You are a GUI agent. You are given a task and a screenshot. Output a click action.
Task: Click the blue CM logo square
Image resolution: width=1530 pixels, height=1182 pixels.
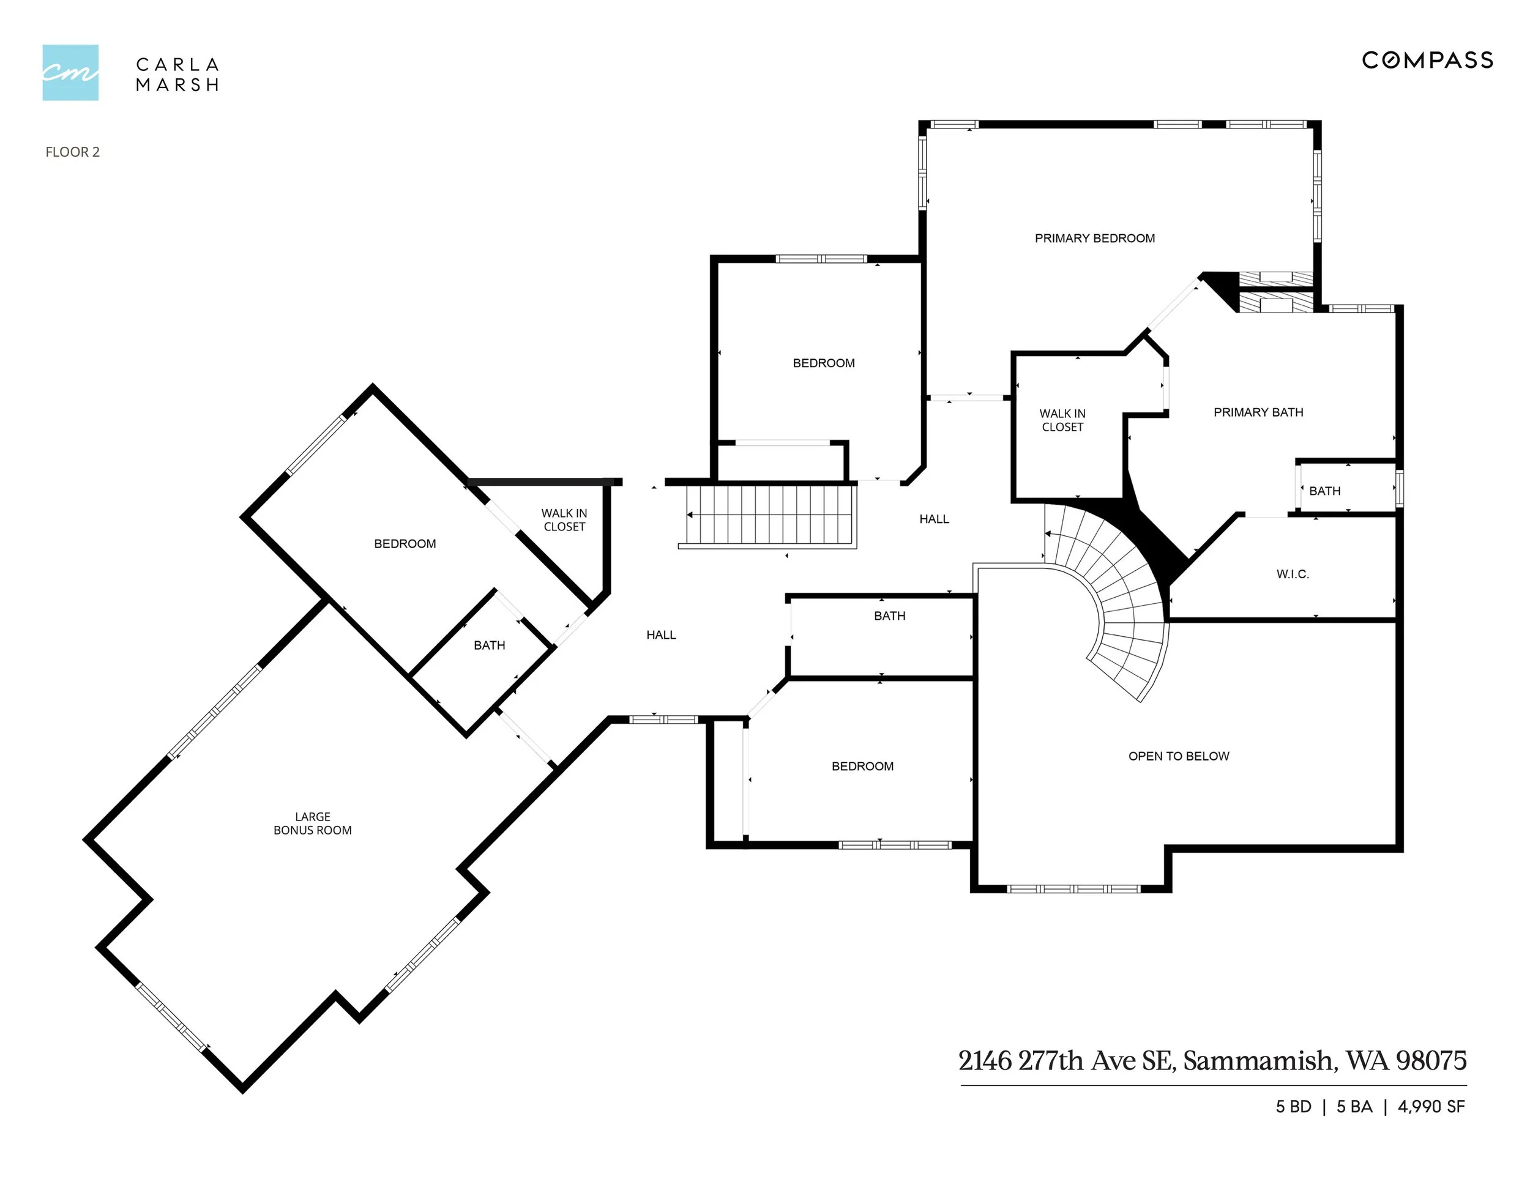70,73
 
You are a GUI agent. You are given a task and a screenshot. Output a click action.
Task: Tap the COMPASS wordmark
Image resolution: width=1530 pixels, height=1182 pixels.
1427,60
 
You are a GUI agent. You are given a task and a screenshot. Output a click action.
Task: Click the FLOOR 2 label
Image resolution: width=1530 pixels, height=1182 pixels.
72,152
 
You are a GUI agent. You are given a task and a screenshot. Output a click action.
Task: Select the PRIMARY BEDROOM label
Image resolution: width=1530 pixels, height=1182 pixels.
1094,238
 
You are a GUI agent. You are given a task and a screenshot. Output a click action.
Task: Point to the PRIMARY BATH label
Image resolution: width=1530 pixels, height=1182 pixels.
1258,412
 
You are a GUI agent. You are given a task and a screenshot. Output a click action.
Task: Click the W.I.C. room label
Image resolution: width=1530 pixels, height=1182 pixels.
1292,574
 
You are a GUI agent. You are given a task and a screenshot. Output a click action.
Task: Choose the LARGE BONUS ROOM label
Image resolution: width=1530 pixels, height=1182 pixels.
313,823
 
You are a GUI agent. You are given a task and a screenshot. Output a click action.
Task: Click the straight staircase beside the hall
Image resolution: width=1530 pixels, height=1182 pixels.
771,515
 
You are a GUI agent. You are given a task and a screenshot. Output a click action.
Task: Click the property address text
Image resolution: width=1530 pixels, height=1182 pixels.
1212,1061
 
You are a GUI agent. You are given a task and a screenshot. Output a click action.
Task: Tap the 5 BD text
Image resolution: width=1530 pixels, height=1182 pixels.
1293,1107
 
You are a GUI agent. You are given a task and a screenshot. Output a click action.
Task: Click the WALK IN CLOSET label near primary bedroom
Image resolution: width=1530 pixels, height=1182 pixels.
1062,420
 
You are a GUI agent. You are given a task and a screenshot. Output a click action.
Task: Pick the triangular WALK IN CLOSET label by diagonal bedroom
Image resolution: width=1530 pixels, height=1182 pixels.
564,520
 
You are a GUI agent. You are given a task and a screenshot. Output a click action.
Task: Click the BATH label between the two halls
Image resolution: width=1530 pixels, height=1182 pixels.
889,616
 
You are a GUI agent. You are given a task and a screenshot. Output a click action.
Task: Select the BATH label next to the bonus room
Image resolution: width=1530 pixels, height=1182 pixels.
489,645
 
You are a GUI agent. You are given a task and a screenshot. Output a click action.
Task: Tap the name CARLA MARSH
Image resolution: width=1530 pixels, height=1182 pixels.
177,74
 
